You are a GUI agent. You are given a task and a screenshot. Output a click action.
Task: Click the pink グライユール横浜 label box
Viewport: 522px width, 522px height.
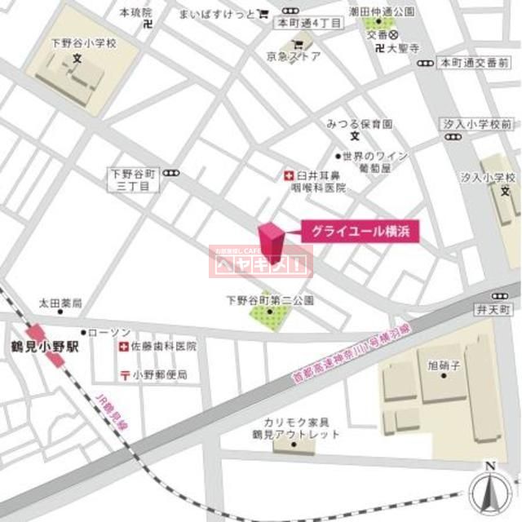(361, 231)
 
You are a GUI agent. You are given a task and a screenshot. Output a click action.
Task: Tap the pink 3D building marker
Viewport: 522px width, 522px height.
(272, 241)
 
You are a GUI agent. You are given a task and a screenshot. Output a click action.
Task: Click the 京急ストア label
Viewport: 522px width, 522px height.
(296, 56)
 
